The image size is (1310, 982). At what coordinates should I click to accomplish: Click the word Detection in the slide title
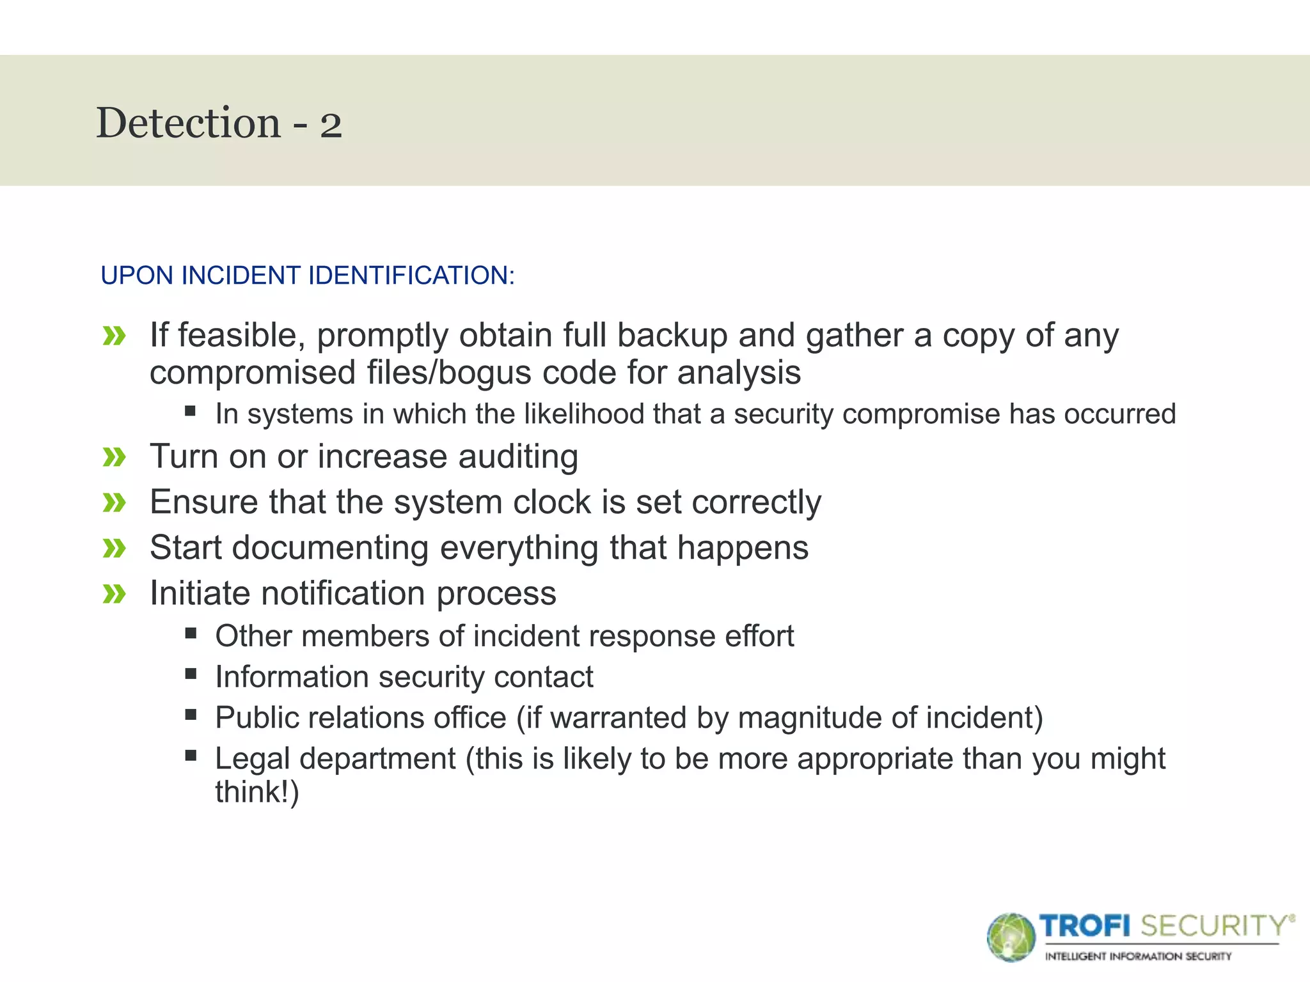coord(188,123)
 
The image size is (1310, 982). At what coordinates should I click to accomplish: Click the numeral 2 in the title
coord(331,125)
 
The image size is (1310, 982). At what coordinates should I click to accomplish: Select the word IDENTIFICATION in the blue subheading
coord(411,276)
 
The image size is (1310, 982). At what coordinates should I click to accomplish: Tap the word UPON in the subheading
coord(137,276)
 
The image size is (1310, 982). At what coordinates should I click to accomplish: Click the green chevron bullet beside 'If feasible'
coord(114,336)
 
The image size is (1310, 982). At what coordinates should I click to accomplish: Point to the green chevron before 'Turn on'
coord(114,457)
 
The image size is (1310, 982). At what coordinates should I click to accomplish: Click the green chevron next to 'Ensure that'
coord(114,503)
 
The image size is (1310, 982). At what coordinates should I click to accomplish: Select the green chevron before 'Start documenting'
coord(114,548)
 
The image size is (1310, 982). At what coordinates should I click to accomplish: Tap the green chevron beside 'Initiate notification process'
coord(114,594)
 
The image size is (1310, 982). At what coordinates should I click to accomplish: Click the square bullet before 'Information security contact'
coord(191,674)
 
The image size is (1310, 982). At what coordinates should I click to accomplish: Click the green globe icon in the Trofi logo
coord(1011,937)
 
